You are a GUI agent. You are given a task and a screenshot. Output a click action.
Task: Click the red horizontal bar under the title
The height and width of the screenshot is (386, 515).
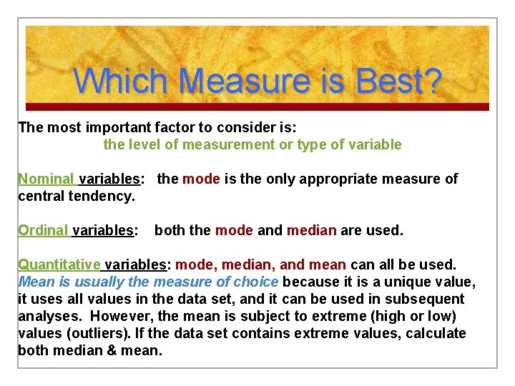[257, 107]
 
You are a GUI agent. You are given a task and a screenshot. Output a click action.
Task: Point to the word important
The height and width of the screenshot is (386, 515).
[107, 127]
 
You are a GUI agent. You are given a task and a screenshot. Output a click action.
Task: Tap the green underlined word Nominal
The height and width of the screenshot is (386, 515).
[46, 179]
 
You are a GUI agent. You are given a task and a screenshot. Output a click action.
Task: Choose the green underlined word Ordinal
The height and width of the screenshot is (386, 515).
[43, 230]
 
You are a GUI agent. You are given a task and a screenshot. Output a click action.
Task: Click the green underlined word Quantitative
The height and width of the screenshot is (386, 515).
[59, 264]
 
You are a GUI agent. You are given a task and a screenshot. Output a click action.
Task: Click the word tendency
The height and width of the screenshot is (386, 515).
[105, 196]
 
